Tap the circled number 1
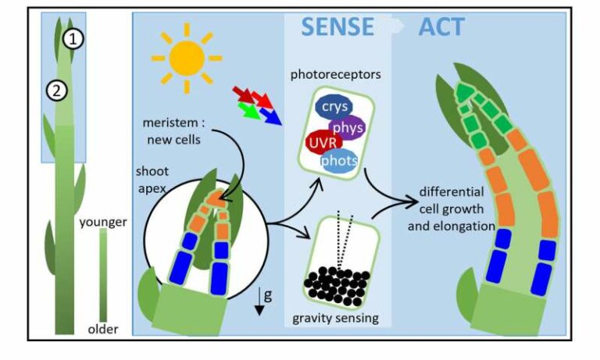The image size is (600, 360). [x=72, y=37]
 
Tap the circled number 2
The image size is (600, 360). [x=54, y=91]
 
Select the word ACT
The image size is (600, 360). [x=441, y=27]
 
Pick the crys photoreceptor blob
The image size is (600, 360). [x=333, y=106]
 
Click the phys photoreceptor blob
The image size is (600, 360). [x=347, y=127]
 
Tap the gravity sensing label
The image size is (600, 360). [x=335, y=319]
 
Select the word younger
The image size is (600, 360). [x=102, y=223]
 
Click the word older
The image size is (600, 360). [x=102, y=329]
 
